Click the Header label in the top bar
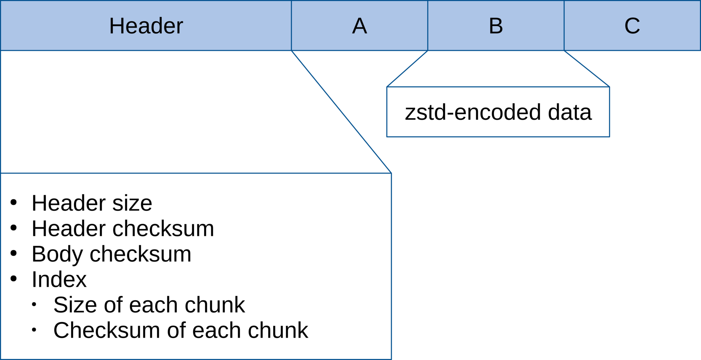[x=146, y=26]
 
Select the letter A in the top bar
[x=360, y=26]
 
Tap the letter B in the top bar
[x=496, y=26]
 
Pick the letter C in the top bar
[x=632, y=26]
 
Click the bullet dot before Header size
[x=14, y=202]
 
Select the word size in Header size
[x=132, y=203]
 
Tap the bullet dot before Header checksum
[x=14, y=228]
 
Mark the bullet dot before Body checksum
[x=14, y=253]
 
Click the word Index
[x=59, y=279]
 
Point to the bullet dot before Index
[x=14, y=279]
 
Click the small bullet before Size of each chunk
[x=34, y=304]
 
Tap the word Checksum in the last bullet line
[x=107, y=330]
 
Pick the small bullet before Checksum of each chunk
[x=34, y=330]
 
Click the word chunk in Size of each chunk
[x=215, y=305]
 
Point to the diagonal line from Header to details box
[x=341, y=112]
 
